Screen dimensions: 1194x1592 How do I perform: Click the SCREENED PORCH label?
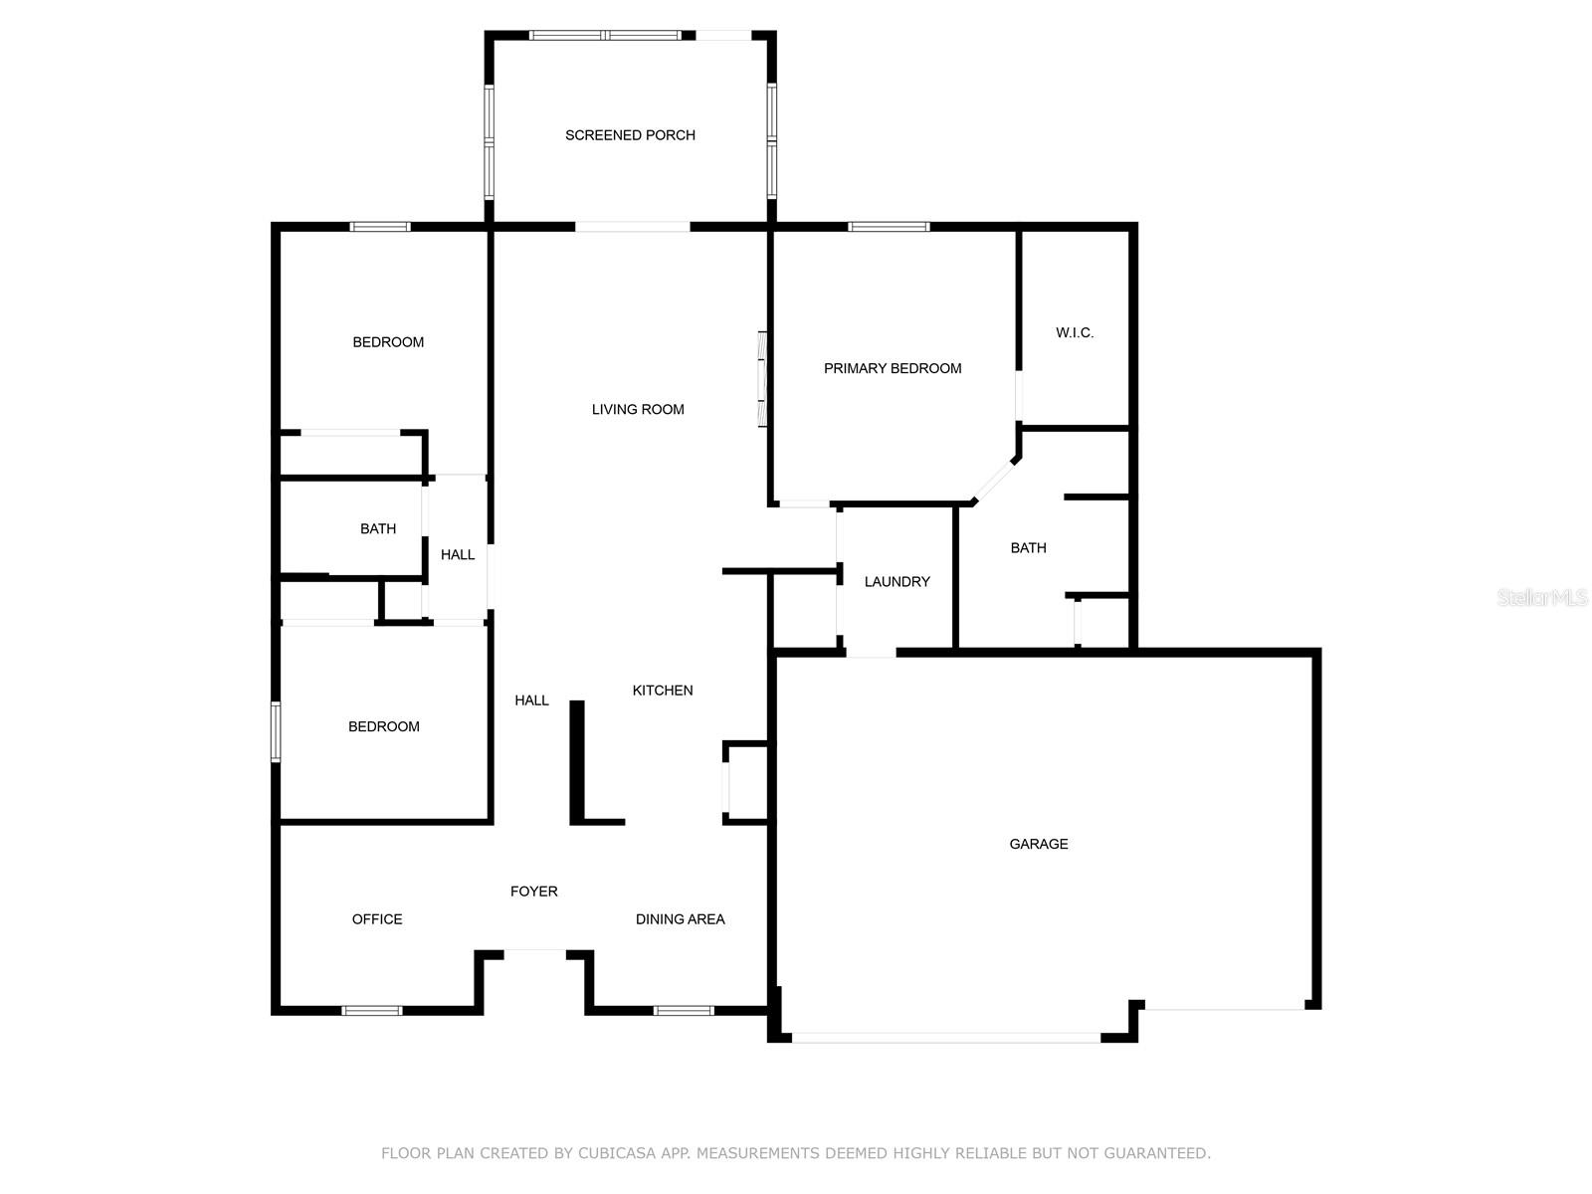point(630,135)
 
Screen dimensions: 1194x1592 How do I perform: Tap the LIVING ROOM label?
point(638,409)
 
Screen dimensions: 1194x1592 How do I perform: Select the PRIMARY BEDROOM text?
point(893,368)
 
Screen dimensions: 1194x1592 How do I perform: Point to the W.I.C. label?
point(1075,332)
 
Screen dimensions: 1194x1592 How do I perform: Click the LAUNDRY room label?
point(896,581)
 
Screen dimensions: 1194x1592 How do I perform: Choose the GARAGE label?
point(1039,844)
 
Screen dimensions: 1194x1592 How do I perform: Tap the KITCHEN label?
point(663,691)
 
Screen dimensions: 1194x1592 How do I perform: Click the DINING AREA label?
point(680,919)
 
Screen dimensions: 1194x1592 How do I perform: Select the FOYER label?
point(534,892)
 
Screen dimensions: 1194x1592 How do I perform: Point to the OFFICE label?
point(377,919)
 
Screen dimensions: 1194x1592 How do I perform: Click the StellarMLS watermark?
point(1542,598)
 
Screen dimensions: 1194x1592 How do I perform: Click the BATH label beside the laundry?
point(1028,548)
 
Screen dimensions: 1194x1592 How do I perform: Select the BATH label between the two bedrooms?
point(378,529)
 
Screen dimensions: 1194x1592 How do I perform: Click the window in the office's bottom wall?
point(372,1011)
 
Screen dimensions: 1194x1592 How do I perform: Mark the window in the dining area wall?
point(684,1011)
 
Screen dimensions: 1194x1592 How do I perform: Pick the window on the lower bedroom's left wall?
point(276,731)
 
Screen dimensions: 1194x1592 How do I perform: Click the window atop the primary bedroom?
point(889,227)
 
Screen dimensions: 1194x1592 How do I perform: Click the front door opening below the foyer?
point(534,952)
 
